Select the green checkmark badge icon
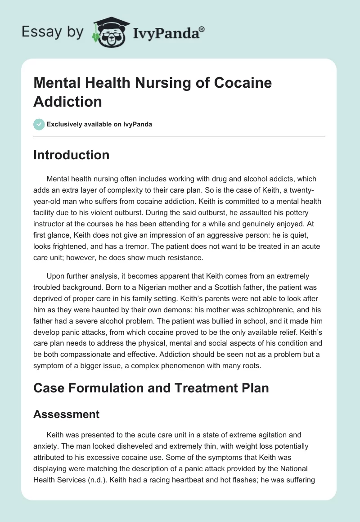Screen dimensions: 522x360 pos(39,124)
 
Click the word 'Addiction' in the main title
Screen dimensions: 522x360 pos(67,101)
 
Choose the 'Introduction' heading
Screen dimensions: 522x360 pos(71,155)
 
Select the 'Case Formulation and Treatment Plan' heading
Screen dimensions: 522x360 pos(151,387)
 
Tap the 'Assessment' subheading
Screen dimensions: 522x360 pos(66,414)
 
